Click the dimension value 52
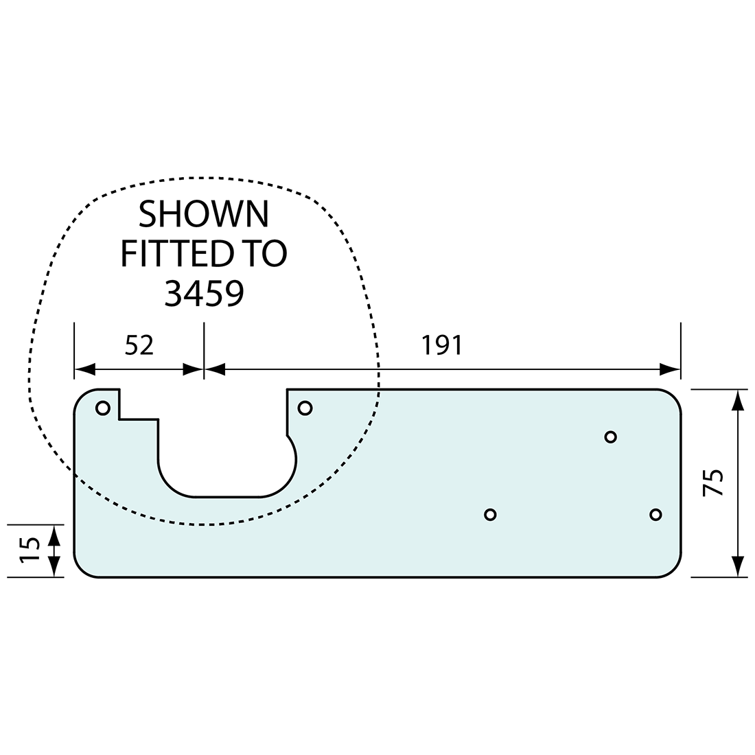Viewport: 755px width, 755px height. [x=139, y=345]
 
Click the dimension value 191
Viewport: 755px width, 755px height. [x=442, y=345]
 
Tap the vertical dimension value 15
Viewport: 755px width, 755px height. [x=30, y=550]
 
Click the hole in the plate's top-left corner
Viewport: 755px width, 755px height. [x=103, y=408]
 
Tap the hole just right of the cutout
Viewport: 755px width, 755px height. [x=305, y=408]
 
